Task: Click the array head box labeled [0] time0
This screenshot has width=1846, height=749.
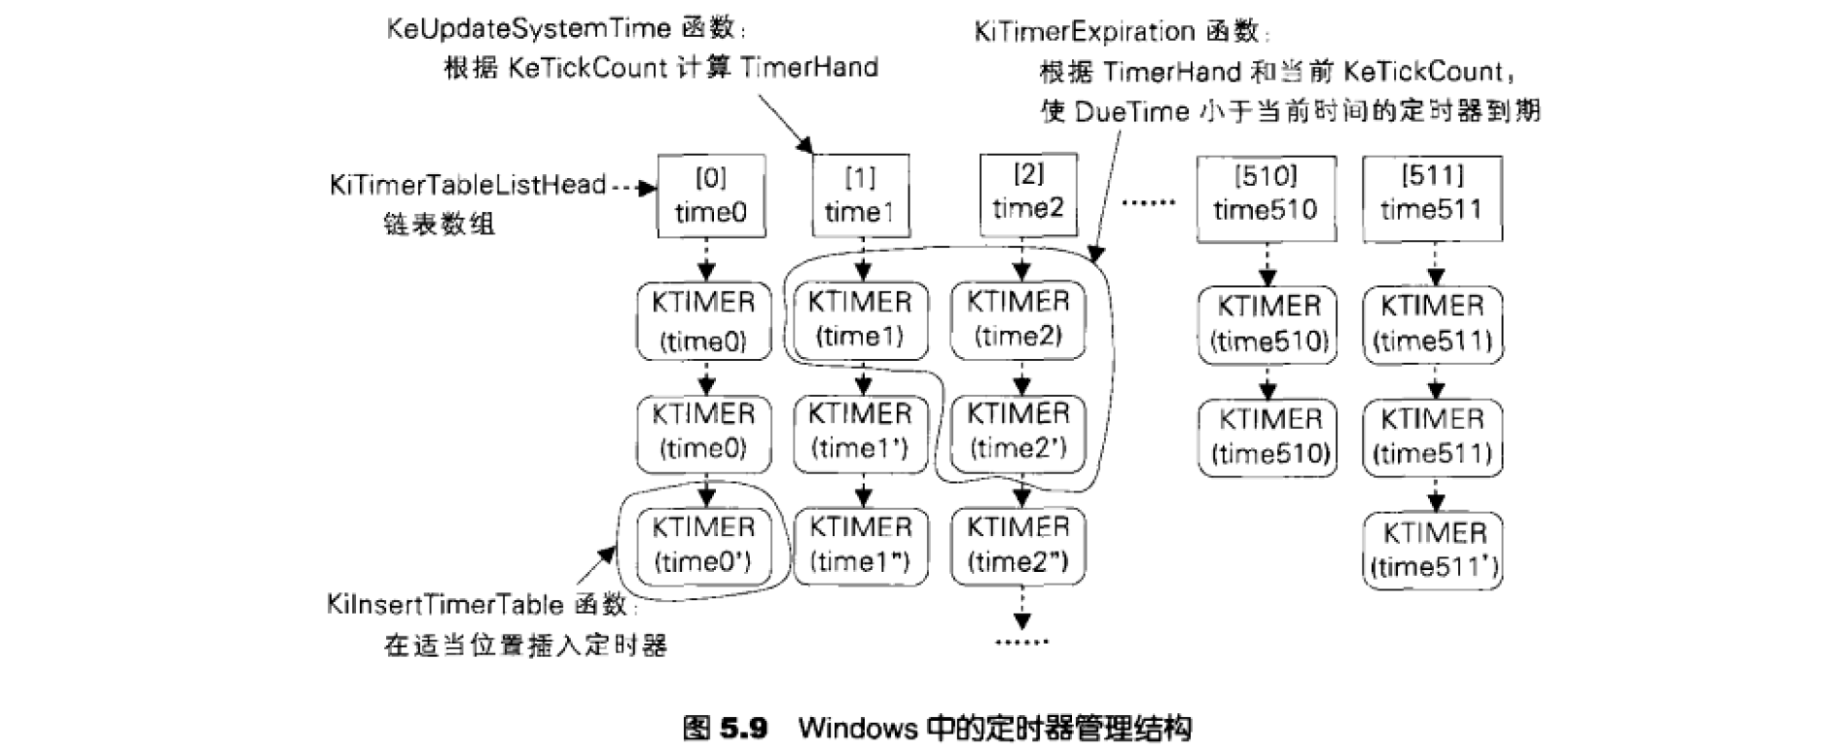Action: [710, 195]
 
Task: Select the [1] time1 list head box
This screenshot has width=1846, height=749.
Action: [859, 195]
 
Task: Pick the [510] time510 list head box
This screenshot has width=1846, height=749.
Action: [1265, 194]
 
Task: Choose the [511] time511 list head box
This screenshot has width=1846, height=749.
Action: [1431, 194]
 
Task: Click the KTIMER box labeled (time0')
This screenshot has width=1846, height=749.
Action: [703, 545]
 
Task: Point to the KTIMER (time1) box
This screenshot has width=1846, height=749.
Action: [860, 319]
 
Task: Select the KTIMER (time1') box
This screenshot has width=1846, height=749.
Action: [860, 432]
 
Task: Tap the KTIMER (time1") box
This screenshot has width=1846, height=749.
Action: [860, 545]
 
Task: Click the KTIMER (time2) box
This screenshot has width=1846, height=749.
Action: [1018, 319]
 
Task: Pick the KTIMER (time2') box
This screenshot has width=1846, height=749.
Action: [1018, 432]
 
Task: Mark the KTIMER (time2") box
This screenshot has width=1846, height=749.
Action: [1018, 545]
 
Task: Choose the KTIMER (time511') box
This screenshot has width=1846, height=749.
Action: [1433, 550]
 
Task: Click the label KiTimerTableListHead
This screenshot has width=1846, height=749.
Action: [467, 185]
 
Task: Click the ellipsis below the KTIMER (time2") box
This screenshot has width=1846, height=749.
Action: [1022, 642]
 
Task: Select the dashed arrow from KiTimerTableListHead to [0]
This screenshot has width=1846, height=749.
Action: [635, 187]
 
